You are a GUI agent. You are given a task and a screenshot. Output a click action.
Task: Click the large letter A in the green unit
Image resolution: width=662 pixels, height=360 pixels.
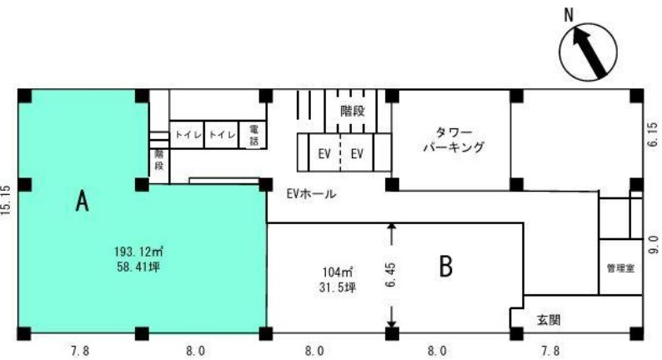click(x=83, y=201)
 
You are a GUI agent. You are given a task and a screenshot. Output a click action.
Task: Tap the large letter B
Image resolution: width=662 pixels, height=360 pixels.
click(x=446, y=267)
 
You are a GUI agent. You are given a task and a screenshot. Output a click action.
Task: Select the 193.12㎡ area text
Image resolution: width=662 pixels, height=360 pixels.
click(x=138, y=252)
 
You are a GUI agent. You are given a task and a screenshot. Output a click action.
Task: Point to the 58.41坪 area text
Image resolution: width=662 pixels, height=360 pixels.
click(x=138, y=267)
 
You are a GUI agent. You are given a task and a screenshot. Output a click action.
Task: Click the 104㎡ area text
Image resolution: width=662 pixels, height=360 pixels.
click(x=338, y=272)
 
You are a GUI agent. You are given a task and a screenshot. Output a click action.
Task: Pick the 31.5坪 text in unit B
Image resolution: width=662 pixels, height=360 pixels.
click(x=338, y=287)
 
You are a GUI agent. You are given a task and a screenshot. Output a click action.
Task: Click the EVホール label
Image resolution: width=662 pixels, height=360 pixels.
click(x=311, y=193)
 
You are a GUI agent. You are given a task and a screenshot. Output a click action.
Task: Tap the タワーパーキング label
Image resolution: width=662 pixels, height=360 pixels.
click(x=454, y=140)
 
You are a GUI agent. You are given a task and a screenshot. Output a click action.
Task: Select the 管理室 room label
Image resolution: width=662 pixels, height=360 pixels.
click(x=620, y=268)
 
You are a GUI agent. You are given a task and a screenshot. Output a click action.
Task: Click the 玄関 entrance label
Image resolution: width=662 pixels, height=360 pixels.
click(x=549, y=320)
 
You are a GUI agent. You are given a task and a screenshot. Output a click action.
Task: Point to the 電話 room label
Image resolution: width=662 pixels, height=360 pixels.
click(x=253, y=135)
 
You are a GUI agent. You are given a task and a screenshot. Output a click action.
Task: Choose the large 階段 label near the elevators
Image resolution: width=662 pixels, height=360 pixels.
click(x=353, y=111)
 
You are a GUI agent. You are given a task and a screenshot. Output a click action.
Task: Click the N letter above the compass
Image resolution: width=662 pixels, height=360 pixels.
click(x=569, y=16)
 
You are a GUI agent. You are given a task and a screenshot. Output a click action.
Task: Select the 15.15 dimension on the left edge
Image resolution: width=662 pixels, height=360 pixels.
click(x=6, y=201)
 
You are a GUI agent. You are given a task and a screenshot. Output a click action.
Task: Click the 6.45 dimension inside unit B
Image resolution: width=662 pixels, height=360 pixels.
click(x=391, y=275)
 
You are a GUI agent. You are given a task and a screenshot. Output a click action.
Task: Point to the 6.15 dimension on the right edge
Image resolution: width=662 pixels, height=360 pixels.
click(x=653, y=134)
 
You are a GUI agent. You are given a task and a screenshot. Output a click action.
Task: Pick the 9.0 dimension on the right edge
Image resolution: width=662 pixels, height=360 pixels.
click(x=654, y=244)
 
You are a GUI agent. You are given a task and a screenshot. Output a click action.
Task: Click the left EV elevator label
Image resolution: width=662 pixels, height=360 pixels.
click(x=324, y=153)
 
